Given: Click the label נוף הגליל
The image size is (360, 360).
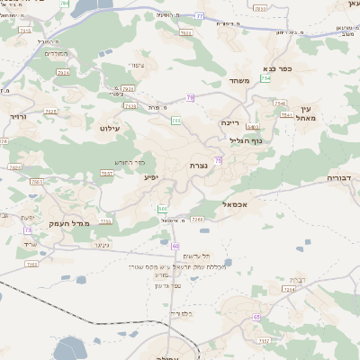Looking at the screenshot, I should pos(244,139).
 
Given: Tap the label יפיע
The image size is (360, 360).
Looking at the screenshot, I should pos(150,177).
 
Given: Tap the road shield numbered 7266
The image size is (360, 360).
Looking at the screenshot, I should pos(198,219).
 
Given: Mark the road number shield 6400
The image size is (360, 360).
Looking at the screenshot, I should pos(252,128).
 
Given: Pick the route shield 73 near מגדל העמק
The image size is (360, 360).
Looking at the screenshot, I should pos(28,230).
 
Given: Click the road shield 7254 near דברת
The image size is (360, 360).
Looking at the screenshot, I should pos(290,290).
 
